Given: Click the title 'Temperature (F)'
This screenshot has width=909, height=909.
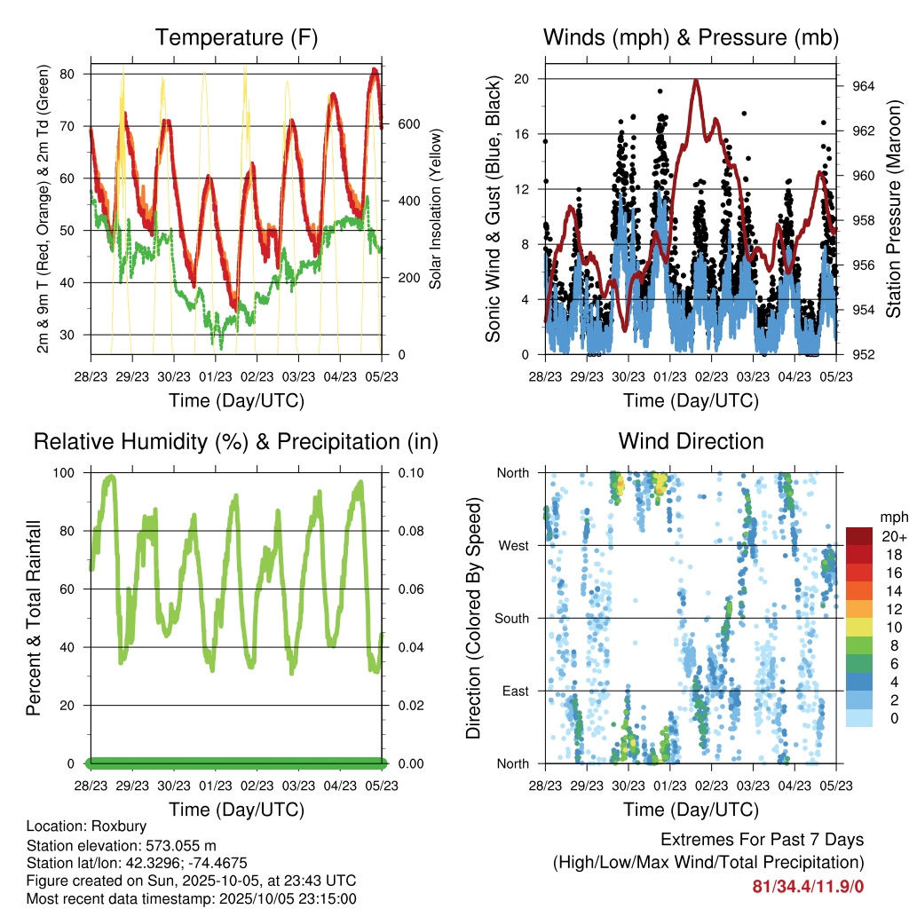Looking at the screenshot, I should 236,38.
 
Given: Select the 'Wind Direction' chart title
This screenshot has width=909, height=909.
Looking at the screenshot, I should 691,441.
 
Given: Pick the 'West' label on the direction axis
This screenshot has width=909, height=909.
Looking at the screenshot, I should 513,545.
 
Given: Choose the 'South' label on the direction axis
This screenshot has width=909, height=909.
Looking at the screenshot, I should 510,618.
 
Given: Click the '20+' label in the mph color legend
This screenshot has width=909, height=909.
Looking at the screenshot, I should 892,535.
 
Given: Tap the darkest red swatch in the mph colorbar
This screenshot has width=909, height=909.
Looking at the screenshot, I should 859,536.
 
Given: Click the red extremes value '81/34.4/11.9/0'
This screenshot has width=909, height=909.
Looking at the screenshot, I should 808,886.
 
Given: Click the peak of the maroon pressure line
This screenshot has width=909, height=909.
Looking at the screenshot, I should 696,81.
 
